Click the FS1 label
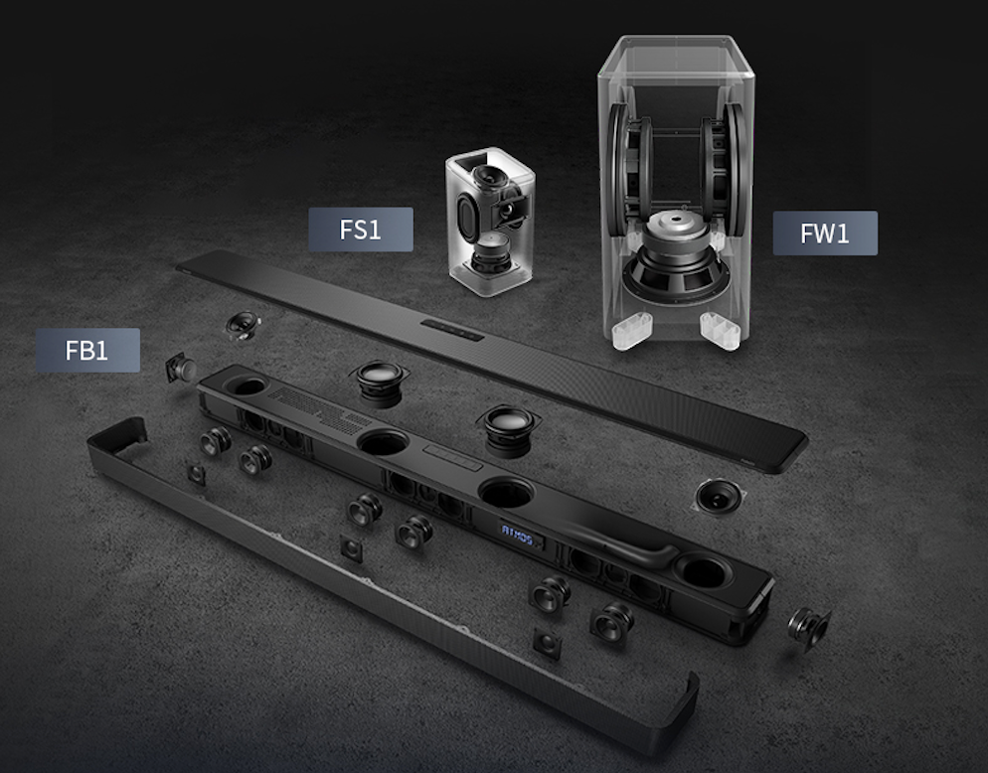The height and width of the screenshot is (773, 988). pyautogui.click(x=361, y=230)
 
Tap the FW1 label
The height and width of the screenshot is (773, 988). pyautogui.click(x=825, y=233)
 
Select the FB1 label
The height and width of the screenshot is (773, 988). pyautogui.click(x=87, y=351)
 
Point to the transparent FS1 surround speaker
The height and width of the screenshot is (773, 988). pyautogui.click(x=490, y=222)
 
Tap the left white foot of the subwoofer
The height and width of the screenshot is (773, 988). pyautogui.click(x=631, y=330)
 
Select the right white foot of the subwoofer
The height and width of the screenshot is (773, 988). pyautogui.click(x=721, y=330)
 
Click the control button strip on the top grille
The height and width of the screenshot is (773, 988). pyautogui.click(x=452, y=330)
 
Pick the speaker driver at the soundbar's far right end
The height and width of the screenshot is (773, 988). pyautogui.click(x=809, y=628)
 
